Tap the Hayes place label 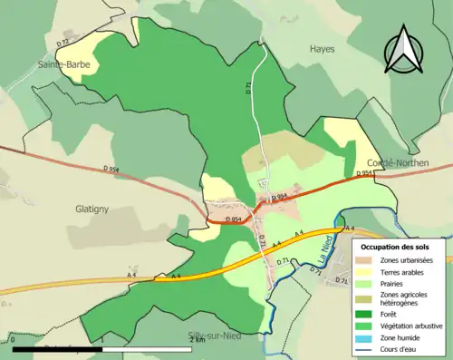[x=322, y=49]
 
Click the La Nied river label [x=323, y=249]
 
